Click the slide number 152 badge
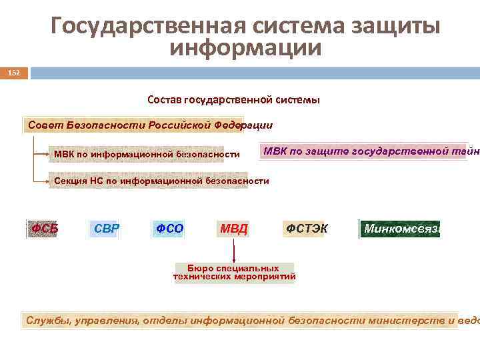pos(14,72)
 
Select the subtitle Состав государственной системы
pos(233,100)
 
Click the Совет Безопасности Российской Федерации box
pos(148,125)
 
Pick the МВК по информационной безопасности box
pos(147,155)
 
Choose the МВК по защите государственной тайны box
pos(371,151)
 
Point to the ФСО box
pos(169,229)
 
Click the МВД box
pos(233,229)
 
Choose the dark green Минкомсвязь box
pos(400,229)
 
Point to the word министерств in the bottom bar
pos(406,320)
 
